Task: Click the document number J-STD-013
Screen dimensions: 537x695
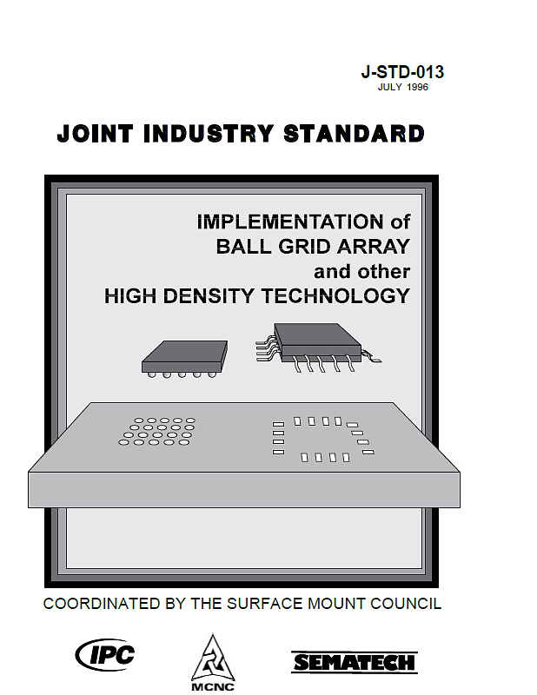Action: pos(402,72)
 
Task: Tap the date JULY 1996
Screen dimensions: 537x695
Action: pos(402,87)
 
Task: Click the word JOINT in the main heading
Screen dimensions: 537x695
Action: pos(95,134)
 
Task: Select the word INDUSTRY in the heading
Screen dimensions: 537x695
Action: pos(208,134)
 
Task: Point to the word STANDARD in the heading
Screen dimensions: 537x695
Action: pos(354,134)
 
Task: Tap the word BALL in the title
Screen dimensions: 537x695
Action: pos(243,247)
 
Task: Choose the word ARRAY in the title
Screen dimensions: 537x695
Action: pos(374,247)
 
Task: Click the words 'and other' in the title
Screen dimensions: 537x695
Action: pos(361,271)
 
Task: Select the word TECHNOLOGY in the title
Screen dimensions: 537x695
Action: pos(335,295)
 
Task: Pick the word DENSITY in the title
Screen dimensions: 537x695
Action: pos(209,295)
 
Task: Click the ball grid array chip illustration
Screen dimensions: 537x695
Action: pos(185,359)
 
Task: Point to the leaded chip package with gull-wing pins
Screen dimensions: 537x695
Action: pos(318,347)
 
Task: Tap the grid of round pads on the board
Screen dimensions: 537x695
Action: pos(157,431)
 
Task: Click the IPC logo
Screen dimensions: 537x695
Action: pos(105,655)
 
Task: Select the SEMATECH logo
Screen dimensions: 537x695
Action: pos(355,662)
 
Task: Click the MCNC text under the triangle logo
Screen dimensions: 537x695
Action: pos(213,687)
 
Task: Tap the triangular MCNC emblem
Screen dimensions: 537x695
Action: pos(213,658)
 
